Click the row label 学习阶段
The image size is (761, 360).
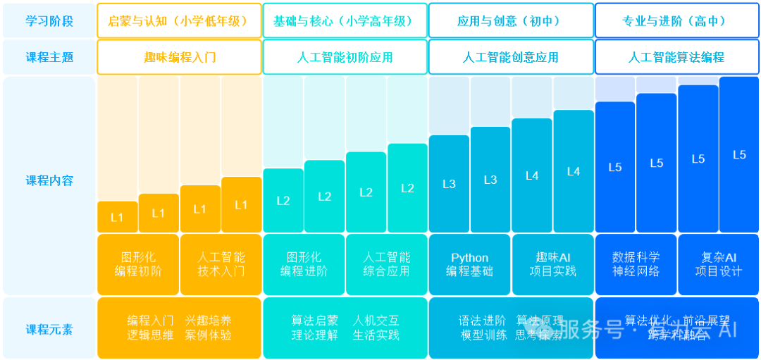[49, 21]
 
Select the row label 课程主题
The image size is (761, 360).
[49, 57]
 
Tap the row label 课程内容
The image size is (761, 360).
[49, 180]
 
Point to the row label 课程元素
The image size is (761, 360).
[49, 329]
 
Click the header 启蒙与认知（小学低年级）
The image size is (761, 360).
[179, 21]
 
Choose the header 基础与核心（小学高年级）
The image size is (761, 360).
[345, 21]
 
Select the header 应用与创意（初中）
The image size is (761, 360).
[511, 21]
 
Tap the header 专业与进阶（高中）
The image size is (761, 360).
[676, 21]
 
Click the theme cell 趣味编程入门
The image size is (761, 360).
[179, 57]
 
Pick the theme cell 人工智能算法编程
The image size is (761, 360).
[676, 57]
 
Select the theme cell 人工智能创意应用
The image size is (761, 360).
[511, 57]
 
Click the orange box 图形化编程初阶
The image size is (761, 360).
[138, 264]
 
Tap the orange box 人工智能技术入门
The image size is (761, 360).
[221, 264]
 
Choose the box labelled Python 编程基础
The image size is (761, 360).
[469, 264]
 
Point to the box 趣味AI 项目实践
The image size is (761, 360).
[552, 264]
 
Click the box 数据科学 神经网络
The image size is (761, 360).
[636, 264]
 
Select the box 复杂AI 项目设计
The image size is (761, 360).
[718, 264]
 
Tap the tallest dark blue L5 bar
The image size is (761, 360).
[738, 155]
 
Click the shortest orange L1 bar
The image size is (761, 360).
[117, 217]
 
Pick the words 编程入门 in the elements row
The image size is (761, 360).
[150, 321]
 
